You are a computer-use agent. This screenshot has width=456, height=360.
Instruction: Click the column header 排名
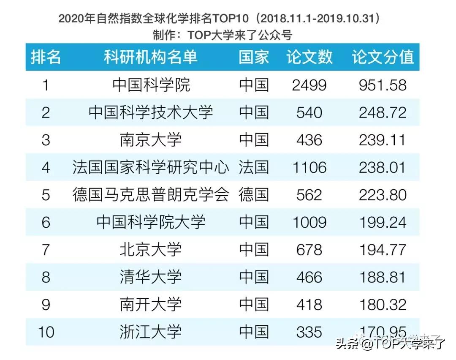[46, 57]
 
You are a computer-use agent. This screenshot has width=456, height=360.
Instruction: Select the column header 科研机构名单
[151, 57]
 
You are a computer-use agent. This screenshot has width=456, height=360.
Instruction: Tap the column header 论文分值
[383, 57]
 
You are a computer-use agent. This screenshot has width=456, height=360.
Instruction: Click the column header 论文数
[309, 57]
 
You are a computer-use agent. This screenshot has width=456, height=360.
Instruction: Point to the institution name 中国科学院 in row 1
[151, 85]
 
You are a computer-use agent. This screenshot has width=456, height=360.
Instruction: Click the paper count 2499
[309, 85]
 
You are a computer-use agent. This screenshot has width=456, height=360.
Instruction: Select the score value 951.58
[383, 85]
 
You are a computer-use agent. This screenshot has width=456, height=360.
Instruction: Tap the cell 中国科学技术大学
[151, 112]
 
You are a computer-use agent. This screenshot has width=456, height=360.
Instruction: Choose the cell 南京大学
[151, 140]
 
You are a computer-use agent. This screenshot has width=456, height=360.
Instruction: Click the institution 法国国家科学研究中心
[151, 167]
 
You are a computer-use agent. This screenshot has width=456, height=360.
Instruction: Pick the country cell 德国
[253, 195]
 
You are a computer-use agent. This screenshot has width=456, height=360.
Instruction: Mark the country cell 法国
[253, 167]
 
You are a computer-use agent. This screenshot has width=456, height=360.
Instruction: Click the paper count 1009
[309, 222]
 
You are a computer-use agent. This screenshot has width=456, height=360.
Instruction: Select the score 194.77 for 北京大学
[383, 250]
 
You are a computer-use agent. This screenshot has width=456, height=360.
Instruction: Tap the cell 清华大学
[151, 277]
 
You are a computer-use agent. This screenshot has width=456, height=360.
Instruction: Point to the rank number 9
[46, 305]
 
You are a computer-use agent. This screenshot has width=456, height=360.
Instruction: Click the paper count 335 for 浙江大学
[309, 332]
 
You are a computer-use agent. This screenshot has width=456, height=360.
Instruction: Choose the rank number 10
[46, 332]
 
